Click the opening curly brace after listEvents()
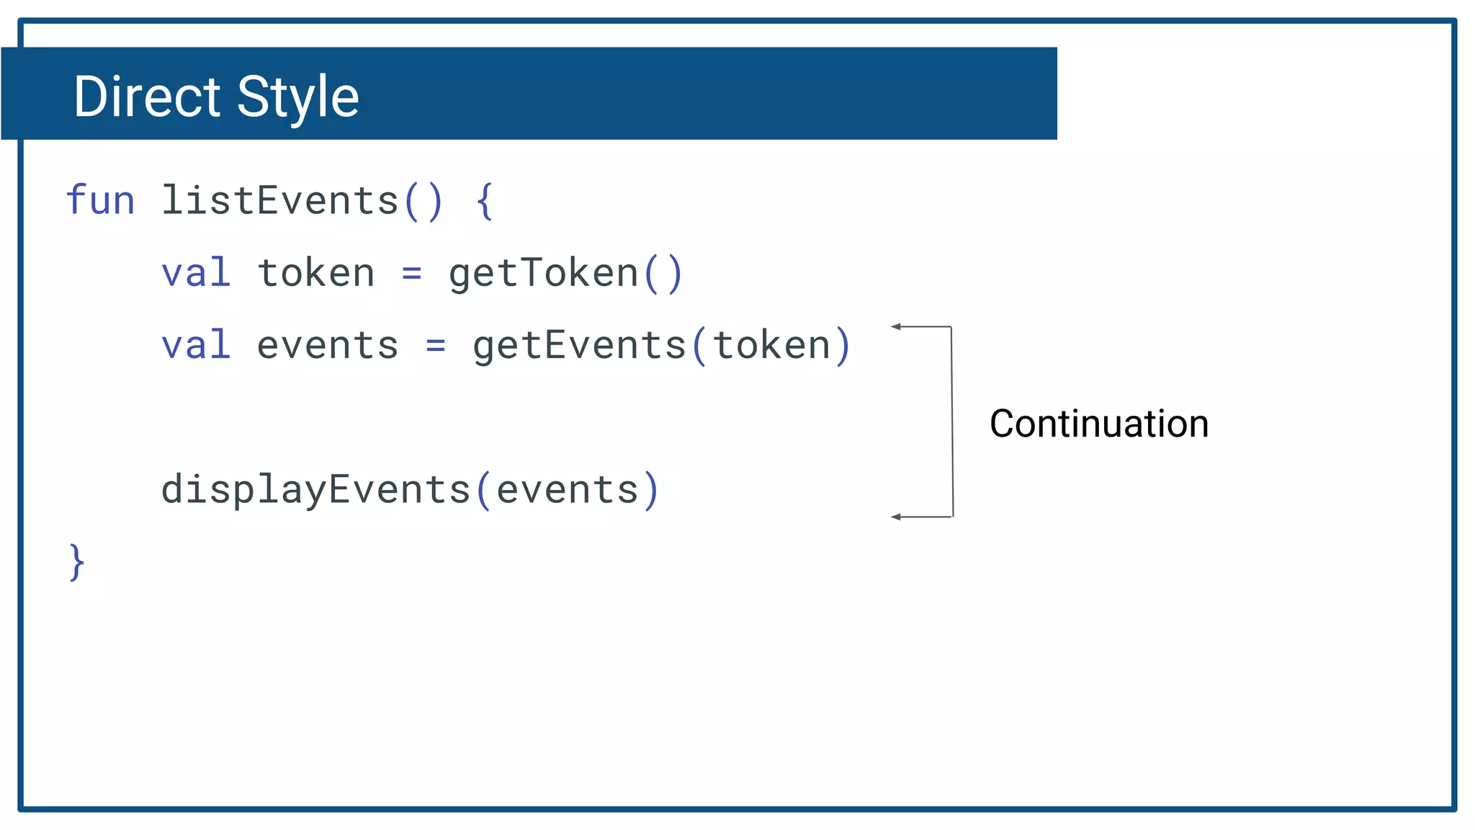pyautogui.click(x=485, y=201)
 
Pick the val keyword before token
pyautogui.click(x=196, y=273)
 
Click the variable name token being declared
pyautogui.click(x=316, y=273)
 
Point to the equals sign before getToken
pyautogui.click(x=411, y=274)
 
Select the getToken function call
pyautogui.click(x=544, y=274)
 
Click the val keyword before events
pyautogui.click(x=196, y=345)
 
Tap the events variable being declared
pyautogui.click(x=328, y=346)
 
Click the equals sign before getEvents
pyautogui.click(x=435, y=346)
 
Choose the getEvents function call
pyautogui.click(x=579, y=346)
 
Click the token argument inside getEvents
pyautogui.click(x=771, y=346)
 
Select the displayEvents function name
pyautogui.click(x=315, y=491)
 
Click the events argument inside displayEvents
pyautogui.click(x=568, y=491)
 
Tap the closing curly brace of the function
pyautogui.click(x=76, y=562)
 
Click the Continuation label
pyautogui.click(x=1099, y=424)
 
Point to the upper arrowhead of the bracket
pyautogui.click(x=897, y=326)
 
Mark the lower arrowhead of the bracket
pyautogui.click(x=897, y=517)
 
